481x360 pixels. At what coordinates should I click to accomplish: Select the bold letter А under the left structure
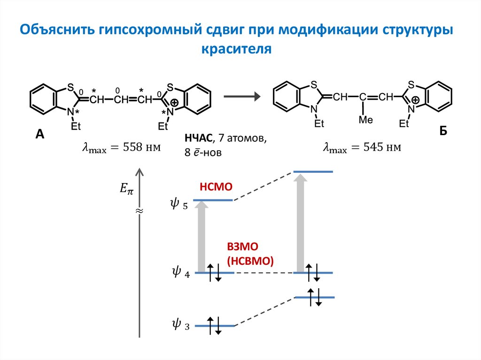(x=39, y=135)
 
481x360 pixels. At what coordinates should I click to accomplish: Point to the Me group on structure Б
(x=365, y=121)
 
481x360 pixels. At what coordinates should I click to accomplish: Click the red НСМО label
(x=216, y=186)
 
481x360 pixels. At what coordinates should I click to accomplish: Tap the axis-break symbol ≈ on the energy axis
(x=139, y=211)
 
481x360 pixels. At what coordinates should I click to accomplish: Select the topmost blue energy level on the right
(x=313, y=172)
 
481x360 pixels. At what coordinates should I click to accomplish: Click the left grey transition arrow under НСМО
(x=202, y=237)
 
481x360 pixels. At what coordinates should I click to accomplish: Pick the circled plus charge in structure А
(x=174, y=103)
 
